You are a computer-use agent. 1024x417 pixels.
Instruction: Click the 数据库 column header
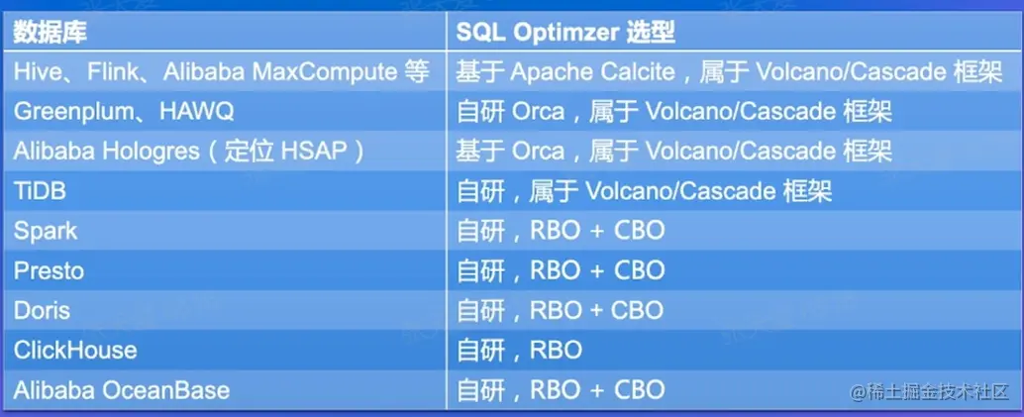pyautogui.click(x=50, y=33)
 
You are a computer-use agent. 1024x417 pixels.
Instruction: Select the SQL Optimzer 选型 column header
pyautogui.click(x=565, y=33)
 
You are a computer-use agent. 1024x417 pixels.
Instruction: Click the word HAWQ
pyautogui.click(x=196, y=112)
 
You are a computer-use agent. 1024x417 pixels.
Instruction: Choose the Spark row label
pyautogui.click(x=46, y=232)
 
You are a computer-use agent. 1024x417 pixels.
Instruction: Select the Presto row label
pyautogui.click(x=49, y=271)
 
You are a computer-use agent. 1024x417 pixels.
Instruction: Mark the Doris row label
pyautogui.click(x=42, y=310)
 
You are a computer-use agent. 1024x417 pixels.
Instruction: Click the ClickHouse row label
pyautogui.click(x=75, y=351)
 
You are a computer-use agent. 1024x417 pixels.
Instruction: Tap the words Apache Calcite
pyautogui.click(x=592, y=72)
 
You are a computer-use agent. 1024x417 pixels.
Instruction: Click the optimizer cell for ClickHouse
pyautogui.click(x=519, y=351)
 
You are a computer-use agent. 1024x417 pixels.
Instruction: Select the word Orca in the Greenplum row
pyautogui.click(x=538, y=112)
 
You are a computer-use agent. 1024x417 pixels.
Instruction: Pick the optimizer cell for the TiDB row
pyautogui.click(x=644, y=191)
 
